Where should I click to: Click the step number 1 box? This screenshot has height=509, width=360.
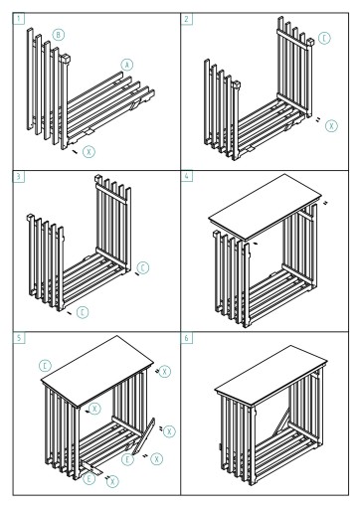19,18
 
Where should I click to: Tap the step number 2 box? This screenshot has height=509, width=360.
186,19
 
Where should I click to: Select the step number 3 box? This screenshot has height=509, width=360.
19,176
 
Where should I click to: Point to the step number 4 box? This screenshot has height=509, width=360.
186,176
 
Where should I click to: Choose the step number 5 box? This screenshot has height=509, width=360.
19,338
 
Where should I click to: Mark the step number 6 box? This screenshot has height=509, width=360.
186,338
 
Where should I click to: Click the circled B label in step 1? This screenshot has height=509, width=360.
59,35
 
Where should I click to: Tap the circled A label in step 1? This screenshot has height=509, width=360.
127,65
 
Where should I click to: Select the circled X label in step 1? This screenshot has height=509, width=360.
89,152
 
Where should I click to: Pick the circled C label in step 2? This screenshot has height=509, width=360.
324,38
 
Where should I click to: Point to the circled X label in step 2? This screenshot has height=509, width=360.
331,126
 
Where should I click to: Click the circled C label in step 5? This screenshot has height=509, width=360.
45,366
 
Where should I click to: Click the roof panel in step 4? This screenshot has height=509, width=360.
266,207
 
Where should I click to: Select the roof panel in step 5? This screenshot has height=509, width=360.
97,371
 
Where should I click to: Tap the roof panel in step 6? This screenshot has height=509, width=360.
271,375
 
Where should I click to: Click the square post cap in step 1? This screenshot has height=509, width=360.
66,59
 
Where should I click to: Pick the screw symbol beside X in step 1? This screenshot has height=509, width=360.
75,151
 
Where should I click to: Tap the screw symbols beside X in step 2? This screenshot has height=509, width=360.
318,119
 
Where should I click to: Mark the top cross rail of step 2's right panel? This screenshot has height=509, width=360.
293,39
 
